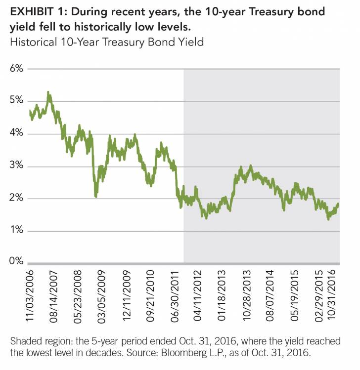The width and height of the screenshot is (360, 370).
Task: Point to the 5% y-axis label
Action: [x=16, y=100]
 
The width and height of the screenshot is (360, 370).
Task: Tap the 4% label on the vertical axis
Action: [x=16, y=133]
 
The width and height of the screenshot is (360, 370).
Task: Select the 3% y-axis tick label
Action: [x=16, y=165]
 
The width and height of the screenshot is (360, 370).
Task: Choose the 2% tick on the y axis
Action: [x=16, y=198]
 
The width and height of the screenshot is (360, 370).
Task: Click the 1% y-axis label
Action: [x=16, y=231]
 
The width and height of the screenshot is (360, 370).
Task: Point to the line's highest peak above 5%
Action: [x=48, y=92]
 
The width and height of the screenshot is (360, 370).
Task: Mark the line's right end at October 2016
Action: [x=338, y=204]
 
